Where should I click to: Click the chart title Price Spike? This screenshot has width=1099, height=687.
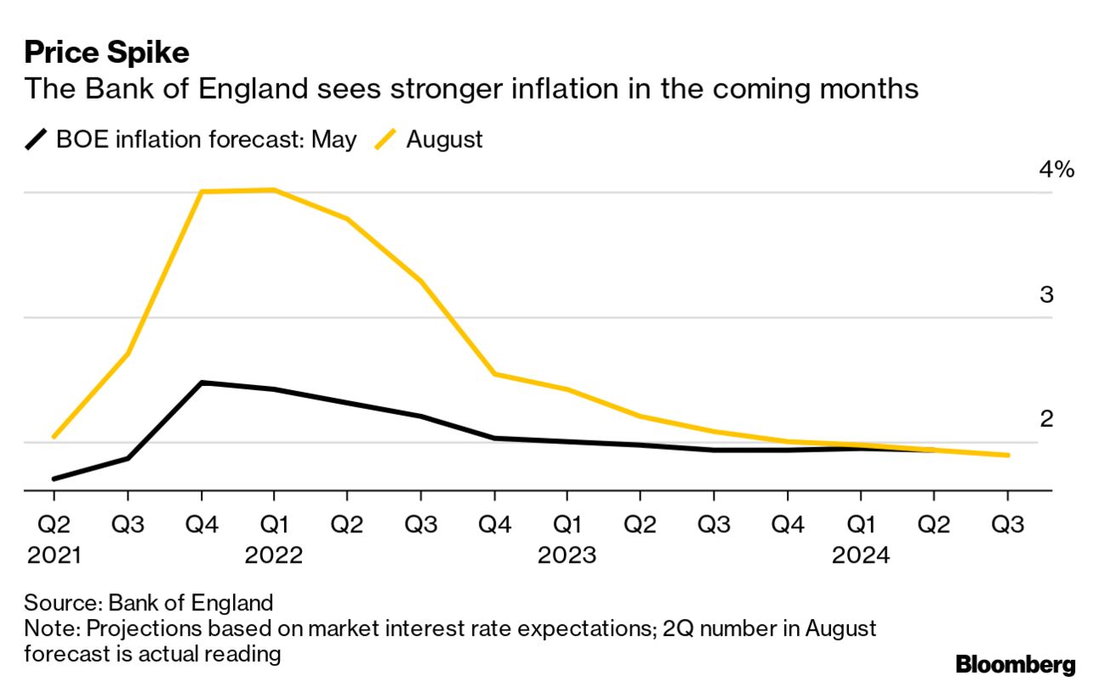106,53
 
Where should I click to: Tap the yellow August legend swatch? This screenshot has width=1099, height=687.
387,139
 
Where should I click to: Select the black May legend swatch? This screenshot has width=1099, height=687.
37,139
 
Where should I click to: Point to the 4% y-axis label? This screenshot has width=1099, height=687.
1056,170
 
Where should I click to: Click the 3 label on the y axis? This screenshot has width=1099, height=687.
1046,295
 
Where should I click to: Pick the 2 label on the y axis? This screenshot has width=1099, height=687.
1046,419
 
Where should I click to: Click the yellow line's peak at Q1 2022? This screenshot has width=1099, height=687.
274,190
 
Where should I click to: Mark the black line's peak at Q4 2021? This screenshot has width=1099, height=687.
202,383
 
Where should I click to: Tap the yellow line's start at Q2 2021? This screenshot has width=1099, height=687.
54,437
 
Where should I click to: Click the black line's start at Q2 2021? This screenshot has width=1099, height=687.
54,479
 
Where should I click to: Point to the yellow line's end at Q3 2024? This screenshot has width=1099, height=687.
1008,455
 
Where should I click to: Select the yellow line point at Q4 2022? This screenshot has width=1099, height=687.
495,374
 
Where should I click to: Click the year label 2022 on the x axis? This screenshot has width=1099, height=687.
274,556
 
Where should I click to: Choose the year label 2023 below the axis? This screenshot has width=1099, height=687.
567,556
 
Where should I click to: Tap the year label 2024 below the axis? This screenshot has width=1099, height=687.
861,556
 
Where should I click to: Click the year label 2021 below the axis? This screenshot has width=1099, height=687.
54,556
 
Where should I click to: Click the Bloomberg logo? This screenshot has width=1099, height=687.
1015,664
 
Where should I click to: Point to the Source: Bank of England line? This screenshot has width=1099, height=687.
149,604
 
